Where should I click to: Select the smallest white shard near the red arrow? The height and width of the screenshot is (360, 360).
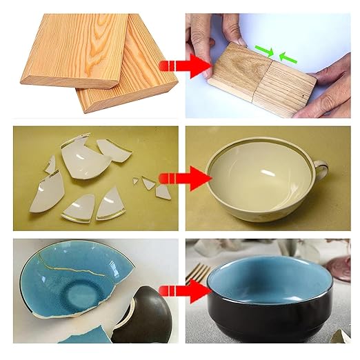(x=136, y=181)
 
